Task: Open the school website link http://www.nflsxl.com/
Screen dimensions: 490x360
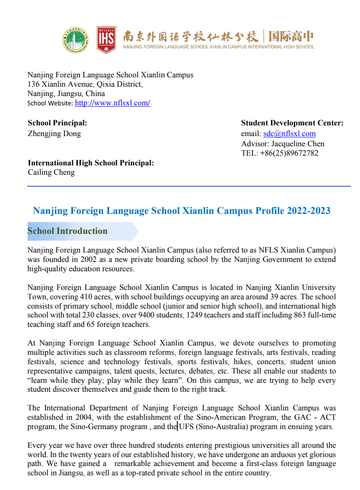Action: (112, 103)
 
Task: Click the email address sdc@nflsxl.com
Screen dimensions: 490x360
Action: (289, 134)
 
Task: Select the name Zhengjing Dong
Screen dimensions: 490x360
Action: (54, 134)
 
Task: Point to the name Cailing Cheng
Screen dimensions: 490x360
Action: (51, 173)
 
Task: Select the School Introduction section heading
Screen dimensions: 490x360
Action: (68, 231)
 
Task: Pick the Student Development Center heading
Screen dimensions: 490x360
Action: (292, 123)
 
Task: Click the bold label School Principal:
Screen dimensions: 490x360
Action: (57, 123)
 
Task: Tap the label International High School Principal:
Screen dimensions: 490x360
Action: (91, 163)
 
